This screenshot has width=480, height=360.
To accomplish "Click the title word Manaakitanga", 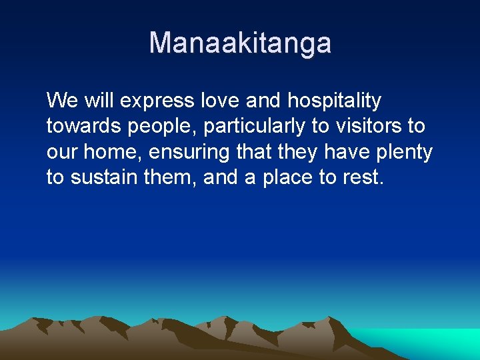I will tap(240, 43).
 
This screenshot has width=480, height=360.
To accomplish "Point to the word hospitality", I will tap(334, 101).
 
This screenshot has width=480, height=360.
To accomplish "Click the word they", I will tap(299, 153).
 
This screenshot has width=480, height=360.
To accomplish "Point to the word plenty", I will tap(403, 153).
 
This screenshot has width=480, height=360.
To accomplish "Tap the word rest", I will tap(363, 178).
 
